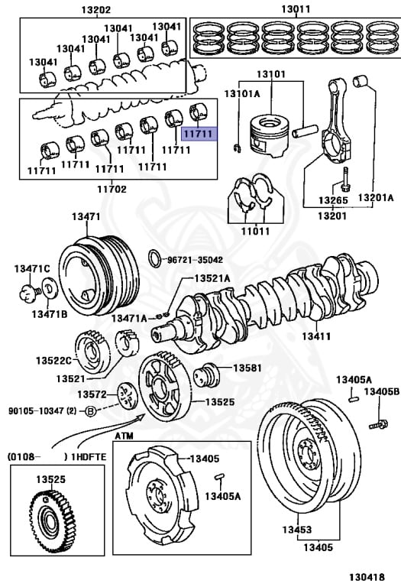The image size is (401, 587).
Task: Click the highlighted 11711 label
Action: [199, 133]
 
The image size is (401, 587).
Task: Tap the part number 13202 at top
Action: [96, 9]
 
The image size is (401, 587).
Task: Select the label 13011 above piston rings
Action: [296, 8]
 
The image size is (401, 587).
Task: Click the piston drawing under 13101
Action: [270, 135]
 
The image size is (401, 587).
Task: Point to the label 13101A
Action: [241, 93]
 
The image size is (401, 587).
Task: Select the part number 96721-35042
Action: [195, 260]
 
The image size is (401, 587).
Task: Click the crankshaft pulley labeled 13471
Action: [99, 275]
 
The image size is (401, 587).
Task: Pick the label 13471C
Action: [32, 268]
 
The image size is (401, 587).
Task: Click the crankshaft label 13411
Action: [316, 336]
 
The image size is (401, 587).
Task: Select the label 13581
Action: [247, 368]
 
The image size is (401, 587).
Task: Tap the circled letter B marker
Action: [90, 411]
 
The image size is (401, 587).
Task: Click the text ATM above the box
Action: [124, 436]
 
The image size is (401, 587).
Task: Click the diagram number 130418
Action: [367, 577]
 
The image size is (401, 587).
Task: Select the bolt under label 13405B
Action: [378, 425]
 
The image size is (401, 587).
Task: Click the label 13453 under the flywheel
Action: [297, 530]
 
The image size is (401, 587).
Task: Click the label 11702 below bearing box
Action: [112, 189]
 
